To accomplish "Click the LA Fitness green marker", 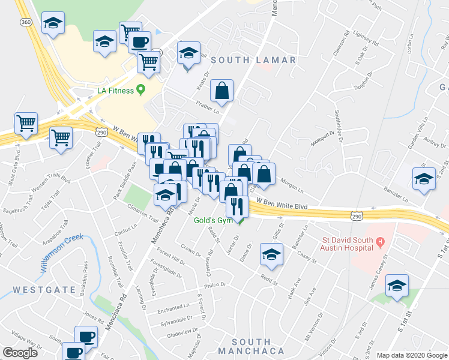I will (x=141, y=91).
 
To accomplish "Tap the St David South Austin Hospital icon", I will (x=379, y=243).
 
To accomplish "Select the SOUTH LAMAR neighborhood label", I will (x=253, y=60).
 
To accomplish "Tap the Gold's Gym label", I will (x=212, y=220).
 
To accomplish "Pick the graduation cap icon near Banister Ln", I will (x=424, y=179).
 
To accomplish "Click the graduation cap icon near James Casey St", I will (x=397, y=285).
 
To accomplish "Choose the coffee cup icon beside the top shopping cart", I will (x=140, y=43).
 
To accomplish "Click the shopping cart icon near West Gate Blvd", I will (x=26, y=123).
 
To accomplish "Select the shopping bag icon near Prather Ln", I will (x=221, y=91).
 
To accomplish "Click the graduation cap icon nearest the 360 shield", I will (x=53, y=24).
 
